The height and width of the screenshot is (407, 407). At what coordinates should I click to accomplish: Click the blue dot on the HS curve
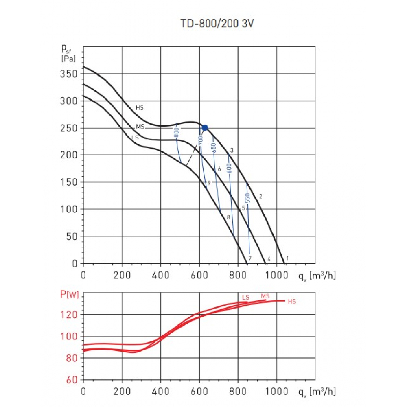[x=205, y=128]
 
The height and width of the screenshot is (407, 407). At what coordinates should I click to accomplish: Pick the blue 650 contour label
[x=213, y=147]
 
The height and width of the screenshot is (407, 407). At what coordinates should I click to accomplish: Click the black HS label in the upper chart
[x=140, y=108]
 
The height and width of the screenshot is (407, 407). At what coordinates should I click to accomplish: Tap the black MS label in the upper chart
[x=140, y=127]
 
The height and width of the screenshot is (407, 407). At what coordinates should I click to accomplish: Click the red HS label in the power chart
[x=292, y=302]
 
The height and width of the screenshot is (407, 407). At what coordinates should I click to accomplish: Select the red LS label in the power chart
[x=245, y=298]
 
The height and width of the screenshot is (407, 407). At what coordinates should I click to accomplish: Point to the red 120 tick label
[x=70, y=315]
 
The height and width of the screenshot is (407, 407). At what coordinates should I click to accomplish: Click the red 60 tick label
[x=72, y=380]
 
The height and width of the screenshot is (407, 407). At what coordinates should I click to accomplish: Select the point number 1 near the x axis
[x=287, y=258]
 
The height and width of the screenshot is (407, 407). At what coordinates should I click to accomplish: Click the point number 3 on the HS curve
[x=232, y=151]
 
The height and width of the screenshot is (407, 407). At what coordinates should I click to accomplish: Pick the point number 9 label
[x=209, y=183]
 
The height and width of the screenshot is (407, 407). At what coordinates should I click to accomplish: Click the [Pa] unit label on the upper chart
[x=68, y=58]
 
